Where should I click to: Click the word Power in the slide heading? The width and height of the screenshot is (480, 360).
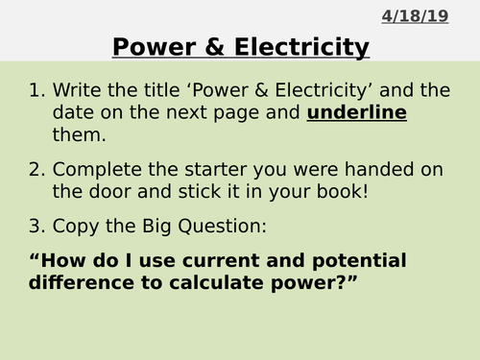(149, 46)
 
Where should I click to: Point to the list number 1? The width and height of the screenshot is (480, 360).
(36, 92)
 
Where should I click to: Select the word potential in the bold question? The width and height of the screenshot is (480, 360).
(357, 261)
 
